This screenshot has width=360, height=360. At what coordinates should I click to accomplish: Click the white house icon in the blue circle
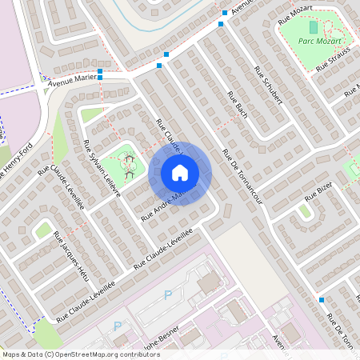180,172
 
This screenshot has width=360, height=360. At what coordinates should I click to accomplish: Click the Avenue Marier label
72,80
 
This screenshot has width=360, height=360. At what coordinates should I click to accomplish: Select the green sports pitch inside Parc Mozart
313,27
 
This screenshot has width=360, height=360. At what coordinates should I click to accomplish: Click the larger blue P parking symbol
168,294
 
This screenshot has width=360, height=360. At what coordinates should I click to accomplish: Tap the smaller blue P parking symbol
118,325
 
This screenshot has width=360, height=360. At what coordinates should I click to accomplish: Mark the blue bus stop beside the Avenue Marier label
100,72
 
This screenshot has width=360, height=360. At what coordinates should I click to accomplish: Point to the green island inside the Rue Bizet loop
305,210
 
